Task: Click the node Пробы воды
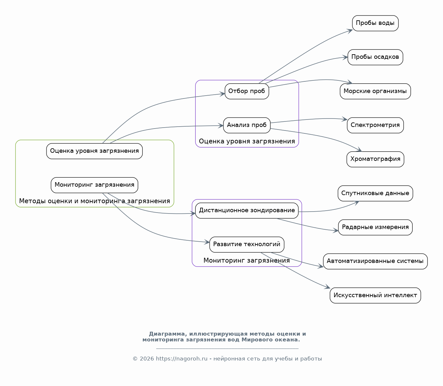(x=375, y=23)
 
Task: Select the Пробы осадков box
(x=375, y=57)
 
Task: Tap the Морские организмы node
(x=375, y=91)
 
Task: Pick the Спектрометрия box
(x=375, y=125)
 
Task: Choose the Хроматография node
(x=375, y=159)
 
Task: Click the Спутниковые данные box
(x=375, y=193)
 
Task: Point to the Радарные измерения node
(x=375, y=227)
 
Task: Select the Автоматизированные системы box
(x=375, y=261)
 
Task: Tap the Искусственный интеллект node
(x=375, y=295)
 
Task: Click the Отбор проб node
(x=247, y=91)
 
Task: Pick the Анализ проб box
(x=247, y=125)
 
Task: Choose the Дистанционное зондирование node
(x=247, y=210)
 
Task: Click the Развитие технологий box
(x=247, y=244)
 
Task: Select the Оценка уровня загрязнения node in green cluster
(x=94, y=151)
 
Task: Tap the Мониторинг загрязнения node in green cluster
(x=94, y=185)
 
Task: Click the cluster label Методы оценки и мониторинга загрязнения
(x=94, y=201)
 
